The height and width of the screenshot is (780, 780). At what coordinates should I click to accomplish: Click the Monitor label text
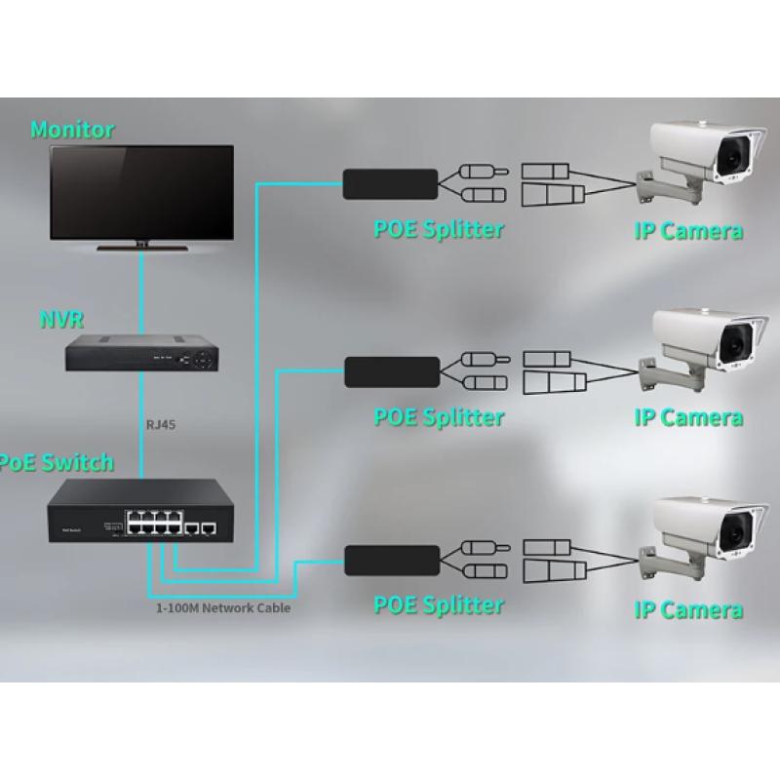[72, 129]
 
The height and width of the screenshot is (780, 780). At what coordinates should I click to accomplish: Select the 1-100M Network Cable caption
[223, 607]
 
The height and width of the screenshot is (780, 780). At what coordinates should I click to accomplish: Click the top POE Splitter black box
[389, 182]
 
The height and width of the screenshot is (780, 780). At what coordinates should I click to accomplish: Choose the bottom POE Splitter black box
[391, 558]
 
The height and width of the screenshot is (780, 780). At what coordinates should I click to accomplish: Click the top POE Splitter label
[439, 230]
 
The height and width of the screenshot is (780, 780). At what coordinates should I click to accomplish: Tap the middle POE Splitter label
[439, 417]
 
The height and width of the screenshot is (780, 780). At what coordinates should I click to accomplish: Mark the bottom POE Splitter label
[439, 605]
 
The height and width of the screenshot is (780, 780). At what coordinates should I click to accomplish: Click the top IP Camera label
[688, 231]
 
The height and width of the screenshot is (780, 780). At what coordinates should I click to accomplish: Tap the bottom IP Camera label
[688, 611]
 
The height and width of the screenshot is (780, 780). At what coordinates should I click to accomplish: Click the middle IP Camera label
[688, 418]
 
